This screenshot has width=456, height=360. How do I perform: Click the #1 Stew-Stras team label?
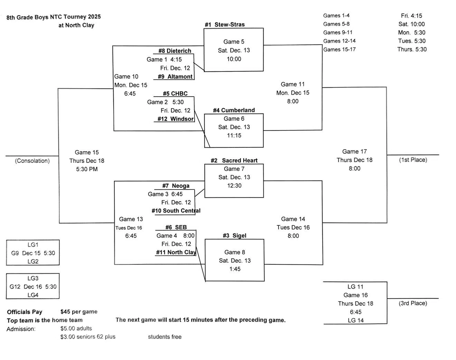pyautogui.click(x=225, y=25)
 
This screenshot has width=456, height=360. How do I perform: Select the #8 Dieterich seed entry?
pyautogui.click(x=174, y=51)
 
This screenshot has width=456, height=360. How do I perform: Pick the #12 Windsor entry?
pyautogui.click(x=175, y=119)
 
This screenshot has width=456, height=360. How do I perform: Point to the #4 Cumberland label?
pyautogui.click(x=234, y=110)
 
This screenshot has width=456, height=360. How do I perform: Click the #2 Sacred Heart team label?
pyautogui.click(x=234, y=160)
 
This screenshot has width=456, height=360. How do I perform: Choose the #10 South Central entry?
pyautogui.click(x=176, y=211)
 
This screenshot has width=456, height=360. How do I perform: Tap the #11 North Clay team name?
pyautogui.click(x=176, y=252)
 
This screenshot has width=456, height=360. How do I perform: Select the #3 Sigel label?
pyautogui.click(x=234, y=235)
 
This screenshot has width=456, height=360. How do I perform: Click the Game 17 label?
pyautogui.click(x=354, y=152)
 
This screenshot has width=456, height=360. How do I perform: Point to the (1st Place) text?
pyautogui.click(x=413, y=160)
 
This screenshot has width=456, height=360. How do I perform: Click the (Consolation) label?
pyautogui.click(x=32, y=161)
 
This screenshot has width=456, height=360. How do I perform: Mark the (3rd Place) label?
pyautogui.click(x=413, y=303)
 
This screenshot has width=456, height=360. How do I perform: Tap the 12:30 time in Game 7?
pyautogui.click(x=234, y=186)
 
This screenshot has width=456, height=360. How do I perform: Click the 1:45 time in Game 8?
pyautogui.click(x=235, y=269)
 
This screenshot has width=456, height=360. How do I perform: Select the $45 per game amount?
pyautogui.click(x=79, y=312)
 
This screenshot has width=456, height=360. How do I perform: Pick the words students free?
pyautogui.click(x=164, y=337)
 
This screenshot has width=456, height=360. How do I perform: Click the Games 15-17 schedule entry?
pyautogui.click(x=339, y=49)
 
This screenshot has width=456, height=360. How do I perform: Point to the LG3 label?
pyautogui.click(x=33, y=278)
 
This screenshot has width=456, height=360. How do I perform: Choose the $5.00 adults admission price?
pyautogui.click(x=76, y=328)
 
